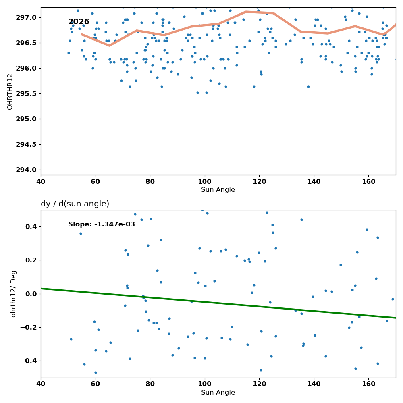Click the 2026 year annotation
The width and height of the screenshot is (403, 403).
click(79, 22)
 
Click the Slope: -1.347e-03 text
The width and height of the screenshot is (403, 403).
click(102, 224)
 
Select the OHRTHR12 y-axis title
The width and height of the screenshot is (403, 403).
click(10, 92)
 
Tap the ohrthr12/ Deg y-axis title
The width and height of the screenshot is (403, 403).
click(13, 294)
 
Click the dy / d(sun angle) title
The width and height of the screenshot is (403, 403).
click(75, 204)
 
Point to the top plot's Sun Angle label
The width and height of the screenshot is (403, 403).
click(218, 190)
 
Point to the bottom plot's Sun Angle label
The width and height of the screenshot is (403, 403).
click(218, 393)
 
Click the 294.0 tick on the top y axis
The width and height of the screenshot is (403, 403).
click(26, 170)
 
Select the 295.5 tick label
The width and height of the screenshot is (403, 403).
click(26, 93)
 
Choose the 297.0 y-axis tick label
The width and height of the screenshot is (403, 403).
click(26, 17)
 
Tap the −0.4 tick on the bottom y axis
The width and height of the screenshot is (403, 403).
click(29, 361)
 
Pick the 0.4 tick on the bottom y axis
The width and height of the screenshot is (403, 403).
click(31, 226)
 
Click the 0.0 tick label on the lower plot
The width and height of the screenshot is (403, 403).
click(31, 294)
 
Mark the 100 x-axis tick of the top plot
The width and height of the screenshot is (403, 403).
click(205, 182)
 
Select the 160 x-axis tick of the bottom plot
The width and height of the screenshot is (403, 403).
click(369, 384)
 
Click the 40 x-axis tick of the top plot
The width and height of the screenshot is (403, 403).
click(41, 182)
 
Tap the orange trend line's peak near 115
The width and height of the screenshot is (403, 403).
click(246, 12)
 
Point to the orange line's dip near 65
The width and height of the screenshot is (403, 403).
click(109, 46)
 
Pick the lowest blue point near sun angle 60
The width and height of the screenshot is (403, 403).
click(96, 372)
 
